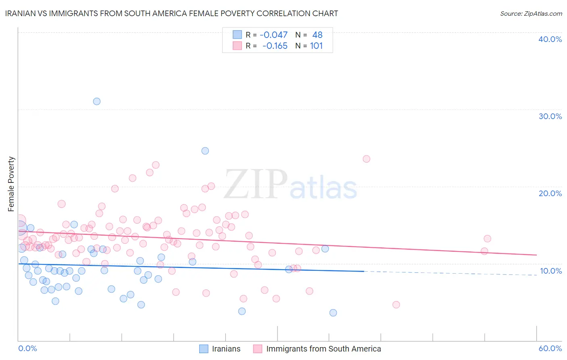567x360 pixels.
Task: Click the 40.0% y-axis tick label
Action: (x=550, y=39)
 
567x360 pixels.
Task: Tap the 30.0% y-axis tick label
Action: (x=550, y=116)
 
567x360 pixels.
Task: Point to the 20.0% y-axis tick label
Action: (x=550, y=193)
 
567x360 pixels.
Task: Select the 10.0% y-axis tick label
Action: (x=551, y=271)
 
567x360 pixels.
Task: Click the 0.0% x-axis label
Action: (x=27, y=348)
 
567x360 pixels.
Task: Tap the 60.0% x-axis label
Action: (x=550, y=348)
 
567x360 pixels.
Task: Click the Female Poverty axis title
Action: (x=11, y=184)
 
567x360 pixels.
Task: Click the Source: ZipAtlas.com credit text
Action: (x=531, y=13)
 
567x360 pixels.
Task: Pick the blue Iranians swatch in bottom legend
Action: (x=204, y=349)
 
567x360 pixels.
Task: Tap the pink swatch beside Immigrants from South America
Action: (x=258, y=349)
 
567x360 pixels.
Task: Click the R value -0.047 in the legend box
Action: (x=273, y=35)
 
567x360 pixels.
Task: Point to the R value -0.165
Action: (x=275, y=46)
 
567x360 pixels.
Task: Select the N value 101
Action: (x=316, y=46)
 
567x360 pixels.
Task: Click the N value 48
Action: (x=317, y=35)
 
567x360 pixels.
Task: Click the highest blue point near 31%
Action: (x=97, y=101)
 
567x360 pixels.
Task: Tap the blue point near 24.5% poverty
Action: (x=205, y=151)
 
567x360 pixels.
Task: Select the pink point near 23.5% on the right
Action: (x=366, y=159)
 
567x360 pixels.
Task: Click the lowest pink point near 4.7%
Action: (x=396, y=305)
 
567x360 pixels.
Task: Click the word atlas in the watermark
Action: (x=323, y=188)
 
